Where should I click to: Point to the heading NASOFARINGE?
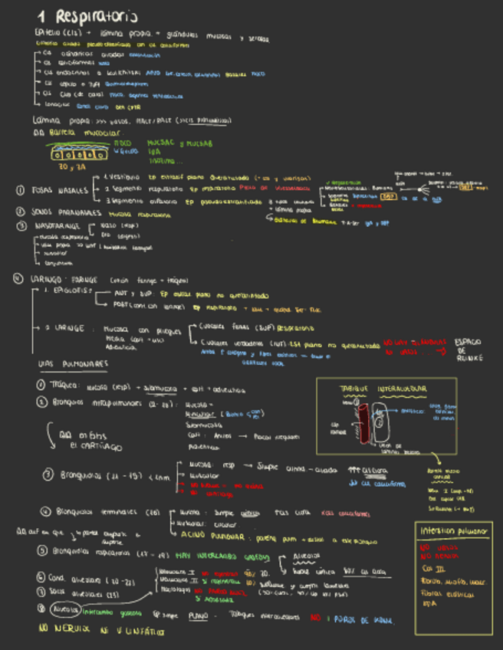tap(61, 227)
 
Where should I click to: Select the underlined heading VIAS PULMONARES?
tap(73, 363)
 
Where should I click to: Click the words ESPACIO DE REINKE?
tap(468, 350)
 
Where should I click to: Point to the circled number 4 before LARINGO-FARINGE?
tap(18, 279)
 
